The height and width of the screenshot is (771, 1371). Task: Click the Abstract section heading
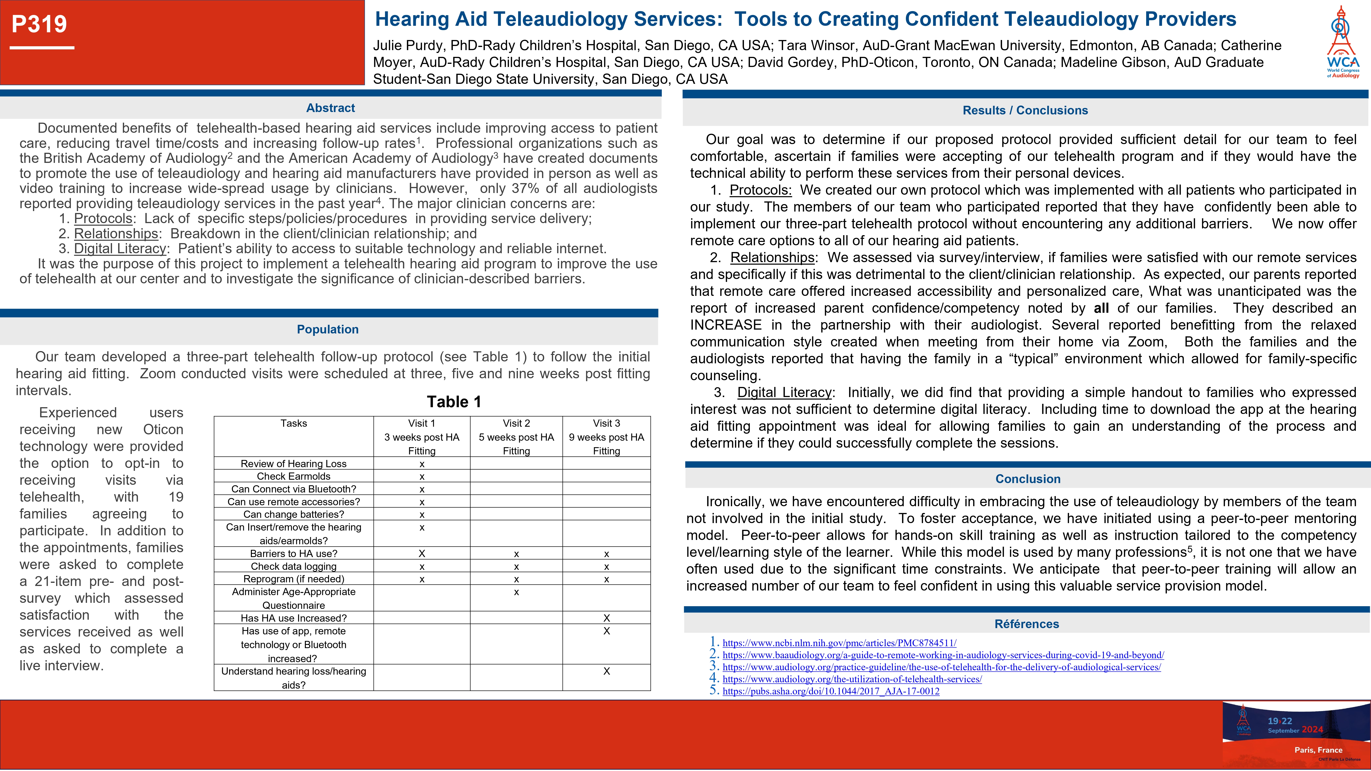(x=330, y=108)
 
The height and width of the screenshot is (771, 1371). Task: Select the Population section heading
(x=328, y=329)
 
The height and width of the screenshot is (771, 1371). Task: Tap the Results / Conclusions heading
(x=1025, y=111)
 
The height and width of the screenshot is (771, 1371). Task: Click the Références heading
(x=1027, y=624)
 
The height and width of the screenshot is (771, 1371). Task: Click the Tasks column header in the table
(x=294, y=424)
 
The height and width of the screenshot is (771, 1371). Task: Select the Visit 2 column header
(x=516, y=424)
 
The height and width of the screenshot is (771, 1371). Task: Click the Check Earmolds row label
(x=294, y=476)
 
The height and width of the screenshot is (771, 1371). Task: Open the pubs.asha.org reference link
(x=831, y=691)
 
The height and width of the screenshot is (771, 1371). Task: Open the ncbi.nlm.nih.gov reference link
(x=839, y=643)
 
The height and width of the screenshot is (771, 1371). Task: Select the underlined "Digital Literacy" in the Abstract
(x=120, y=248)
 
